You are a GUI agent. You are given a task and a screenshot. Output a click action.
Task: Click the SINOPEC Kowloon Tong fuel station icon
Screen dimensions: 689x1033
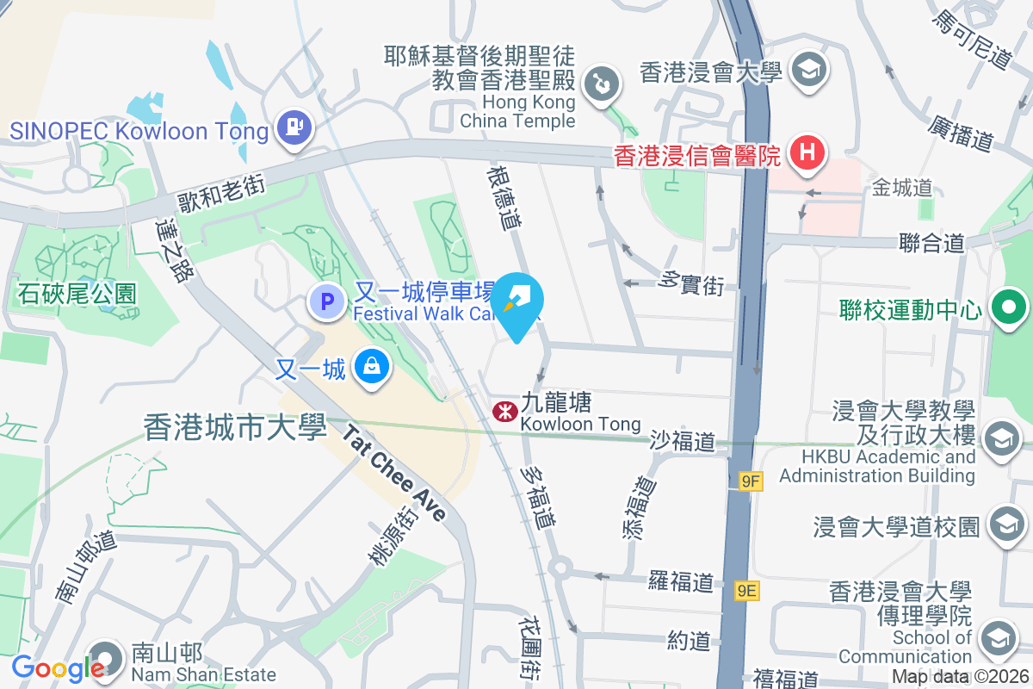coord(294,128)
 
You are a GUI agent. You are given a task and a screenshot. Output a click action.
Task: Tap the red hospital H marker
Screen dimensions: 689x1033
coord(807,153)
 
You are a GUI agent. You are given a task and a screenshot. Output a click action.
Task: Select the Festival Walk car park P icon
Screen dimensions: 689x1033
coord(326,301)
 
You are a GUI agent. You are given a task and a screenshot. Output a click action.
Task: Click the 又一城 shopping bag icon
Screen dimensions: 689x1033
coord(371,367)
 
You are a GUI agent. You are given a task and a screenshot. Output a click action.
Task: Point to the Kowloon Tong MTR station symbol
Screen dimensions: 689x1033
coord(502,412)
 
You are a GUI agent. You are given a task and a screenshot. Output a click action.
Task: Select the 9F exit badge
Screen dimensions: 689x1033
coord(751,481)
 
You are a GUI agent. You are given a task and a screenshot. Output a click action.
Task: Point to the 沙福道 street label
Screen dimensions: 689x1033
coord(683,442)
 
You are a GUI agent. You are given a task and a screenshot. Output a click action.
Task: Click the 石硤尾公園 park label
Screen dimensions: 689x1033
coord(77,294)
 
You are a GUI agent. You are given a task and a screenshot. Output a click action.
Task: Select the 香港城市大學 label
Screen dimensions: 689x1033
coord(235,426)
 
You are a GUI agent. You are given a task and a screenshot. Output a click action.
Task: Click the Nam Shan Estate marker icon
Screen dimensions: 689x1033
coord(105,658)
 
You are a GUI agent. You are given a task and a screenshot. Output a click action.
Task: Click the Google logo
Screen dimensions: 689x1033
coord(58,668)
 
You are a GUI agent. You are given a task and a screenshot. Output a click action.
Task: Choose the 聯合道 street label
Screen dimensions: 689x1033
coord(931,243)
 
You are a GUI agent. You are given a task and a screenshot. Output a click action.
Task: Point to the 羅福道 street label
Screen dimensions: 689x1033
coord(682,581)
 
